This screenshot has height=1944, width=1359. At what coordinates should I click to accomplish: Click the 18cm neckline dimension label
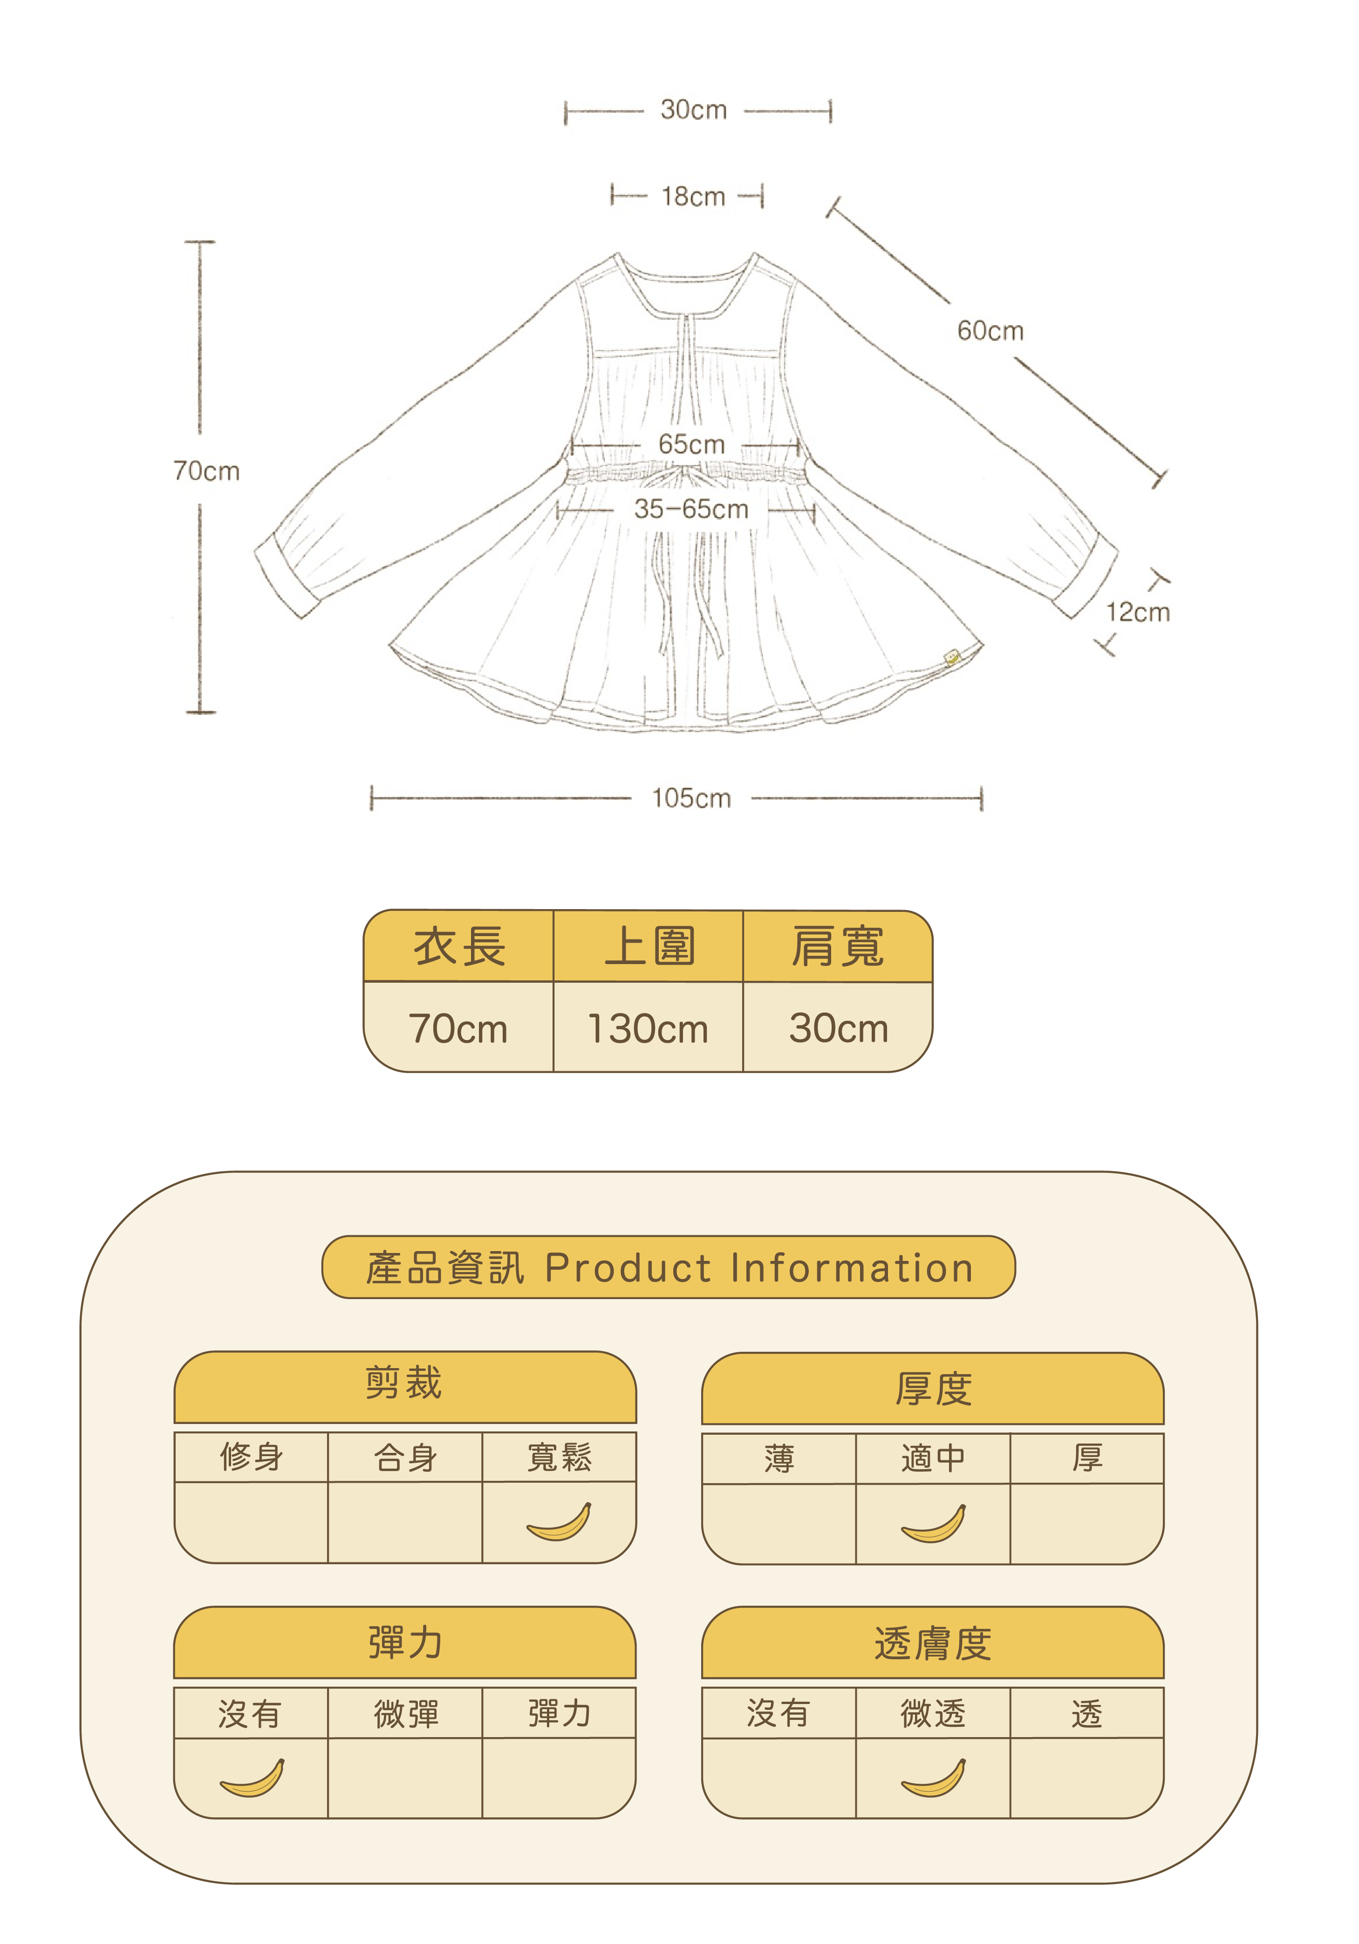(x=693, y=197)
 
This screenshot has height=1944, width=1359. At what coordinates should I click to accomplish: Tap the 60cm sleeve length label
(x=990, y=330)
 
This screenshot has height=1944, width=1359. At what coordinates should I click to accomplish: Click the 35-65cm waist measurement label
(x=691, y=509)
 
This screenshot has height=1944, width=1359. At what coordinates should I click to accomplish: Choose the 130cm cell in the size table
(x=648, y=1029)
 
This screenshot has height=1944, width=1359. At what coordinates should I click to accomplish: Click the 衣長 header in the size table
(x=459, y=946)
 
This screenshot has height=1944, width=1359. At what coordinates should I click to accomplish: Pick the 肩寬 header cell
(x=837, y=946)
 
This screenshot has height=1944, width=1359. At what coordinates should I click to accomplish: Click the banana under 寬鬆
(x=559, y=1522)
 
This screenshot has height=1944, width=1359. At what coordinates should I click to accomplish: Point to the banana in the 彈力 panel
(x=252, y=1778)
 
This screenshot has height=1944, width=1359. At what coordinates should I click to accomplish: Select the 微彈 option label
(x=406, y=1714)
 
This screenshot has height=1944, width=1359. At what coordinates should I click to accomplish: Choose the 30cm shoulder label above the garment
(x=693, y=110)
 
